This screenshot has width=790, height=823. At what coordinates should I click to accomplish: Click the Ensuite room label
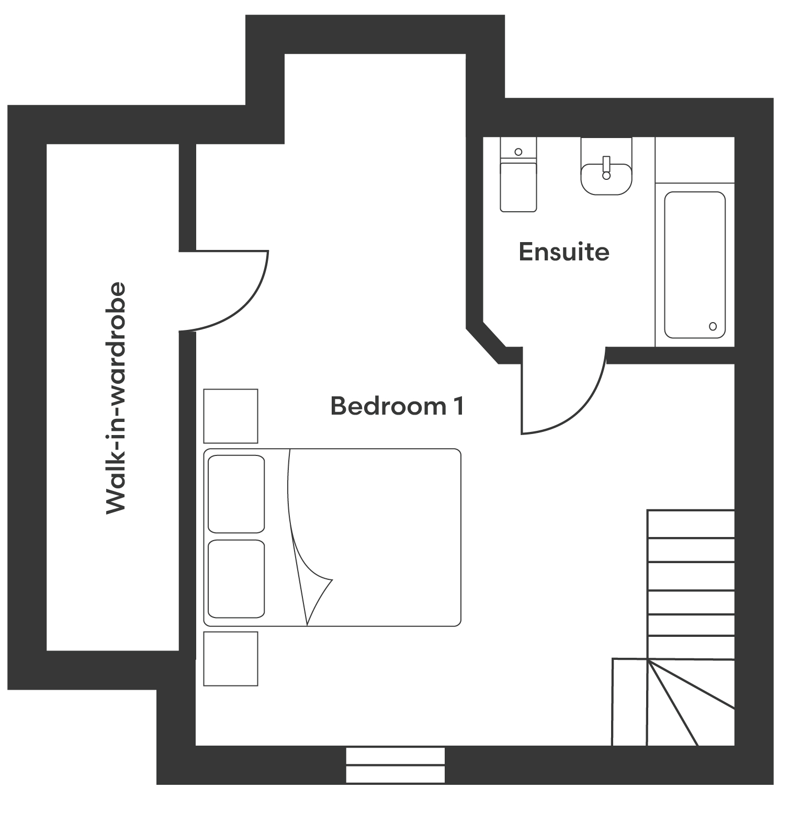(564, 252)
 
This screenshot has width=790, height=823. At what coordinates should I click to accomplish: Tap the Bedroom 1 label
(397, 406)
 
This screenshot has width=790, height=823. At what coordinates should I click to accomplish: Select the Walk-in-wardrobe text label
(116, 398)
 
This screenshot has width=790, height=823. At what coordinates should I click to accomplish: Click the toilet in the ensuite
(518, 175)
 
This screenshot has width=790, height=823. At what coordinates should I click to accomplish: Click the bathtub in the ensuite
(695, 265)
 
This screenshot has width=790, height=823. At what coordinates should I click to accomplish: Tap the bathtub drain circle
(713, 326)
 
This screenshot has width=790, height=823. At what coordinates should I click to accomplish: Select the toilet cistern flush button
(518, 152)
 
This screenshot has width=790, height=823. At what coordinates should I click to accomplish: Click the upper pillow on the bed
(236, 494)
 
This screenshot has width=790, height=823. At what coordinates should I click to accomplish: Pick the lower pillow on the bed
(236, 579)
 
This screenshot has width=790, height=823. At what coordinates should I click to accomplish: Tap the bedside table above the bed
(231, 416)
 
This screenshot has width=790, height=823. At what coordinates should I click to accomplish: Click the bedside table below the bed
(231, 659)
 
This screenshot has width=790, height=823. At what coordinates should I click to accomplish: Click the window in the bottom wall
(396, 765)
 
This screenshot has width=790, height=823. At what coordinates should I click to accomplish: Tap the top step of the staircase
(691, 523)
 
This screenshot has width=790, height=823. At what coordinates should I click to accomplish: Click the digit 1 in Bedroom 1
(458, 406)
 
